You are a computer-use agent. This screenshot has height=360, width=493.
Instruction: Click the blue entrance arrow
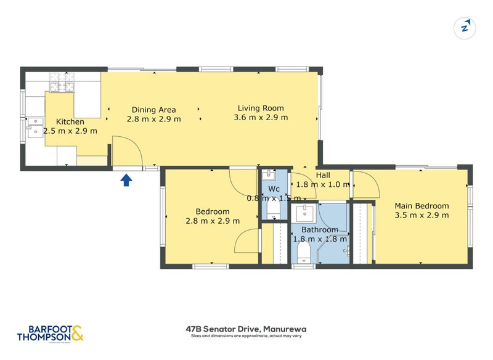(126, 179)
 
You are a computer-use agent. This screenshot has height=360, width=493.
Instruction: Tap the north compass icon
(465, 27)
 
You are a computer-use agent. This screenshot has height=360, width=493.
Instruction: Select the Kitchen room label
(70, 121)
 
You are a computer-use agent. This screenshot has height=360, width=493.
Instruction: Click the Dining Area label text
(153, 110)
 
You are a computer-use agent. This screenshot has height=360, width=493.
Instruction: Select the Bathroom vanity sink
(304, 214)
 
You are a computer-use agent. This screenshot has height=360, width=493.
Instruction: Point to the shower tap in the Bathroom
(348, 250)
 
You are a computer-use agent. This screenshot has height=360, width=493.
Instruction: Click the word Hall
(323, 175)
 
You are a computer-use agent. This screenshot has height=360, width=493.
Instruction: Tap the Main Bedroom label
(422, 206)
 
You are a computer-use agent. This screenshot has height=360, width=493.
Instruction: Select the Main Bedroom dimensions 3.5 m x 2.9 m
(422, 215)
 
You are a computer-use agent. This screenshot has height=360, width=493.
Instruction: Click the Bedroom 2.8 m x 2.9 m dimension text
(213, 221)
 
